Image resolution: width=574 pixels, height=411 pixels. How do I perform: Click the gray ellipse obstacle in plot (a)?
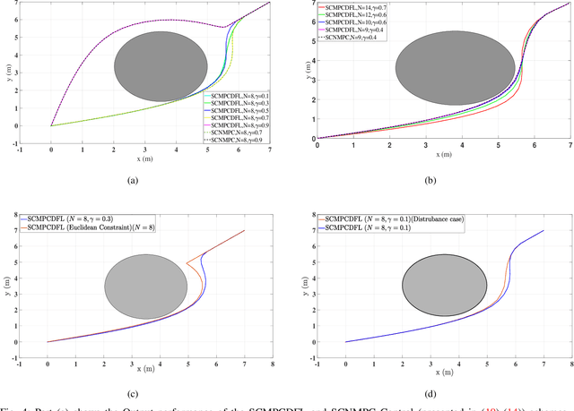pyautogui.click(x=159, y=72)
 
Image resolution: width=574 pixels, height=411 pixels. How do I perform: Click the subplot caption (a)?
pyautogui.click(x=132, y=180)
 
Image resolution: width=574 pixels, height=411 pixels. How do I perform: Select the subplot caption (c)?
pyautogui.click(x=132, y=391)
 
